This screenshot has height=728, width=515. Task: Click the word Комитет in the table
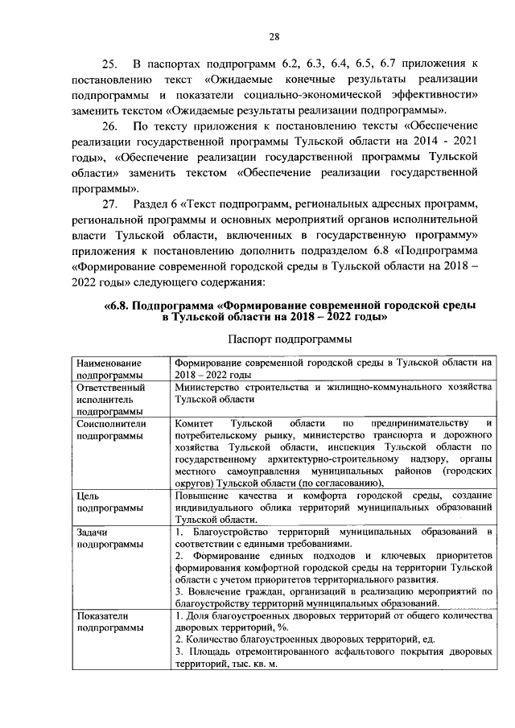196,423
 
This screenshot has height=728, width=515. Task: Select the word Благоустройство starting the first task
229,533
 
